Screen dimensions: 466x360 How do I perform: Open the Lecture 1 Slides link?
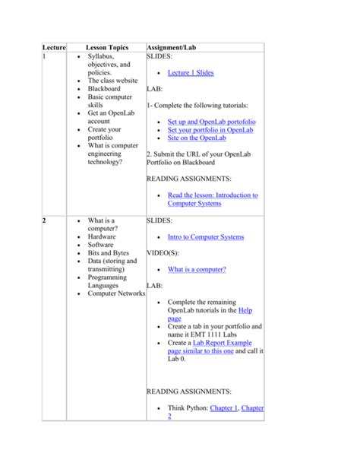click(191, 73)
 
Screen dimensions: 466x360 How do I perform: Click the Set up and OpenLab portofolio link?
click(211, 121)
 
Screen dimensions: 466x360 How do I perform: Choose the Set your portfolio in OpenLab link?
click(210, 130)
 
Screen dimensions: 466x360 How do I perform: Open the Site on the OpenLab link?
click(197, 139)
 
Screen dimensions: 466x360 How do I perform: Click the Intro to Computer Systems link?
click(206, 237)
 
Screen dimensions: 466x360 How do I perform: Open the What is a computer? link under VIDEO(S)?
click(197, 269)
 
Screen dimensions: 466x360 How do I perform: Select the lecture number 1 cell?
click(44, 57)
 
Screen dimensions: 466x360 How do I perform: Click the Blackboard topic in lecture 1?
click(105, 89)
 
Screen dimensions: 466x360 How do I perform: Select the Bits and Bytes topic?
click(109, 253)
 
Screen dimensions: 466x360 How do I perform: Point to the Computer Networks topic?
click(115, 293)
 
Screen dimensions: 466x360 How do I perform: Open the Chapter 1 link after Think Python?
click(226, 408)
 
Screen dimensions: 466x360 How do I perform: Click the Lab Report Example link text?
click(213, 343)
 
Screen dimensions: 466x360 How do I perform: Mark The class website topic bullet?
click(112, 81)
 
